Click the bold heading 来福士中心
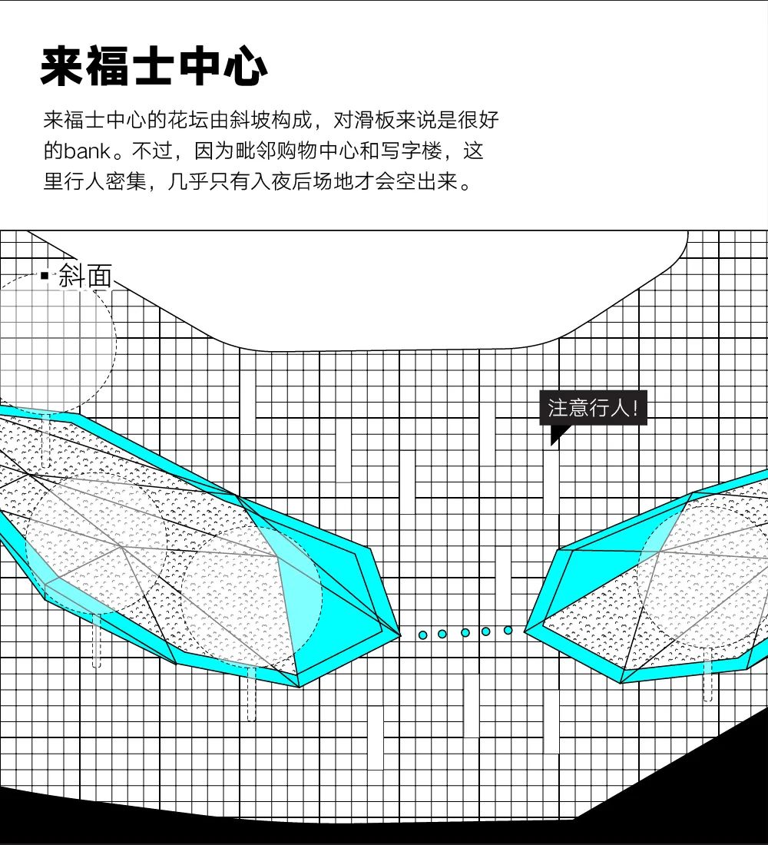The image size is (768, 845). [154, 68]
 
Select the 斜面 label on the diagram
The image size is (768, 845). [85, 277]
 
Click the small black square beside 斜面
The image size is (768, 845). [45, 275]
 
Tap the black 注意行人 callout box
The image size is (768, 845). [594, 408]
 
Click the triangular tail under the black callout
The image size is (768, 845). [556, 435]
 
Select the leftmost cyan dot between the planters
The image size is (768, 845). [422, 635]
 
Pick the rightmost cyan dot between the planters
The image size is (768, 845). [508, 630]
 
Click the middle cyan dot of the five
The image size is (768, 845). [465, 632]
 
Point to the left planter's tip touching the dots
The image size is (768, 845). [398, 635]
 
